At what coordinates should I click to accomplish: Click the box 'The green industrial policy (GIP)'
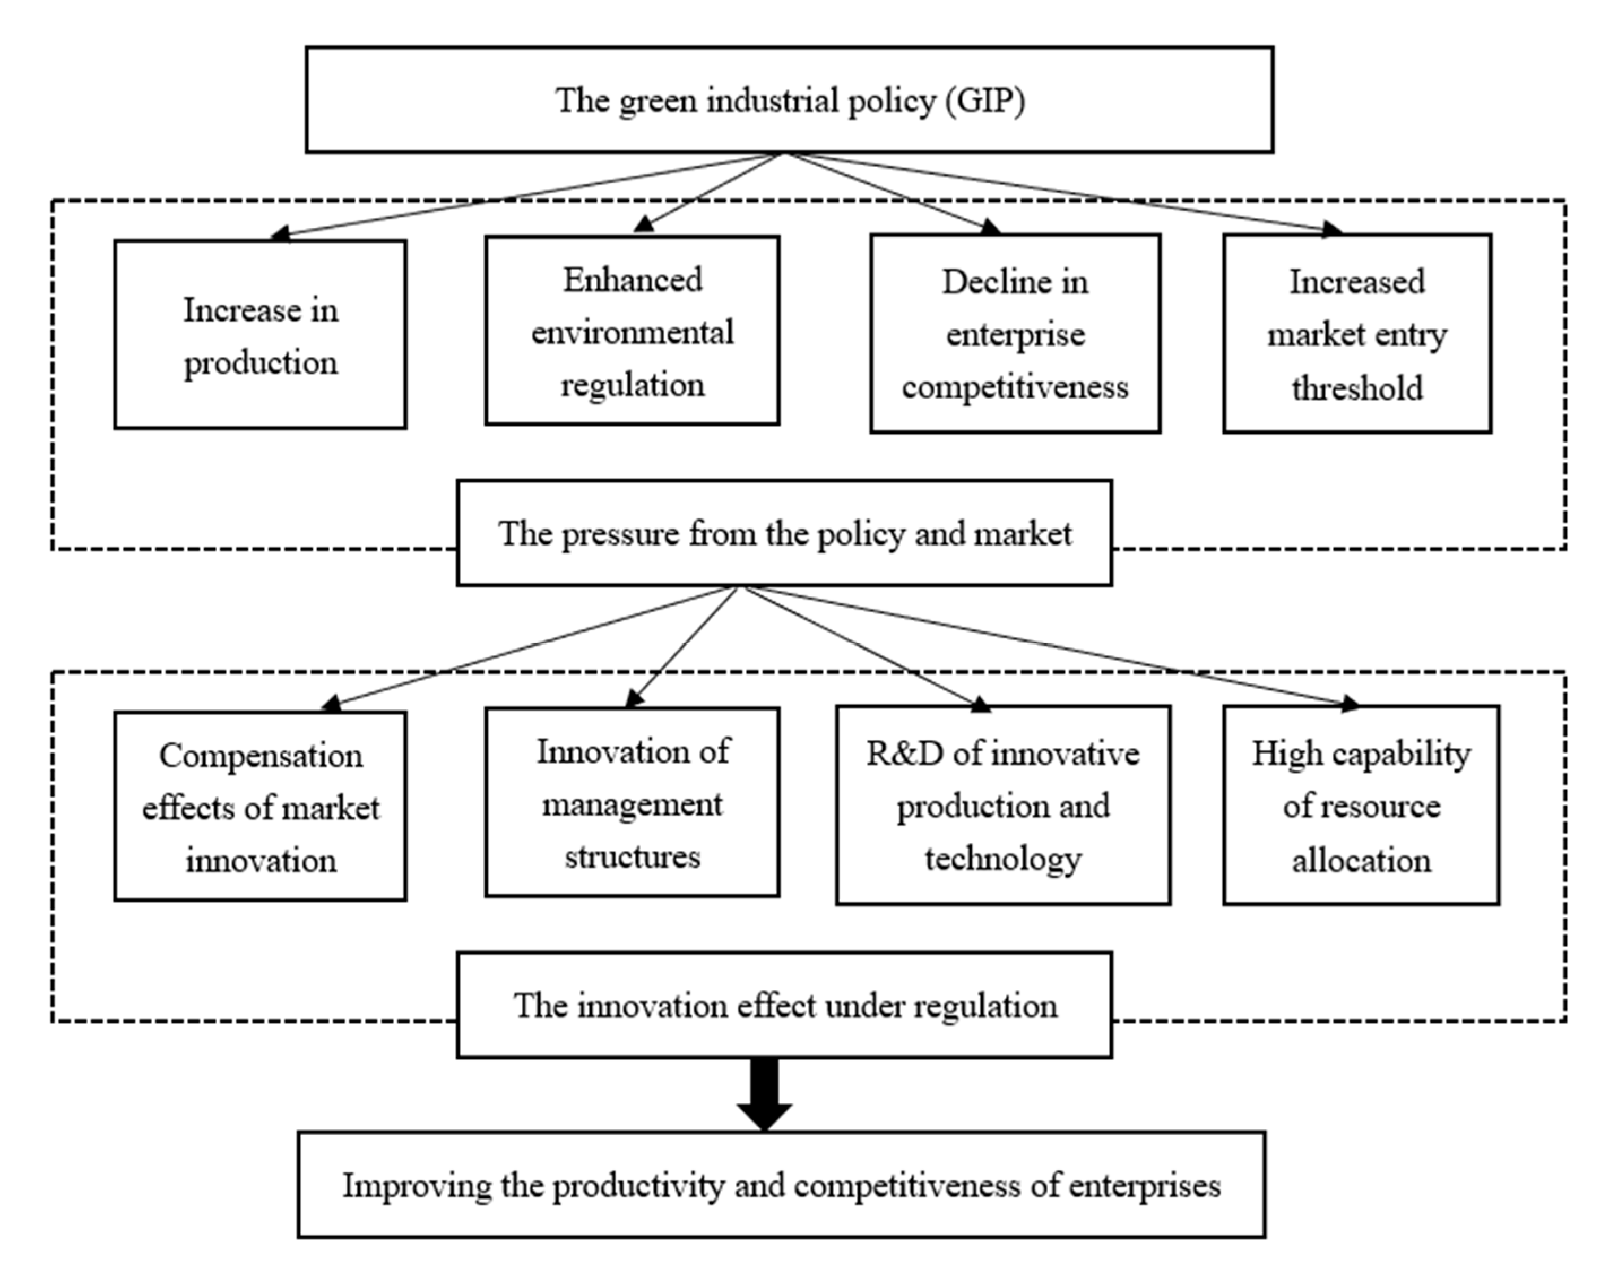(789, 100)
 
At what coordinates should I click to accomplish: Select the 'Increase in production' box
(259, 334)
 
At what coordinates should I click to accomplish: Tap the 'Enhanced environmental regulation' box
(632, 331)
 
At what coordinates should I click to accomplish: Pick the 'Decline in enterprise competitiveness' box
(1014, 333)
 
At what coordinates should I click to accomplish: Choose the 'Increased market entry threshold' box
(1356, 333)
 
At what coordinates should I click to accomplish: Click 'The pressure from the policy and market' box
(784, 533)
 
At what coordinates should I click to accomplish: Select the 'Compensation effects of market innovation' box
(259, 806)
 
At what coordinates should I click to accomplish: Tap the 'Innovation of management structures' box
(632, 802)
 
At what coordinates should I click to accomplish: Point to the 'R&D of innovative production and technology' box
(1002, 804)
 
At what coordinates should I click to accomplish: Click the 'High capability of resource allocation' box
(1360, 804)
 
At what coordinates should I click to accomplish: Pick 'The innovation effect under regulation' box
(784, 1005)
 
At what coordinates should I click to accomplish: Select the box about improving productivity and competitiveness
(781, 1185)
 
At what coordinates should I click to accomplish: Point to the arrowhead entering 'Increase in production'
(279, 235)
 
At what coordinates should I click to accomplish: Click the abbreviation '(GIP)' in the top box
(985, 100)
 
